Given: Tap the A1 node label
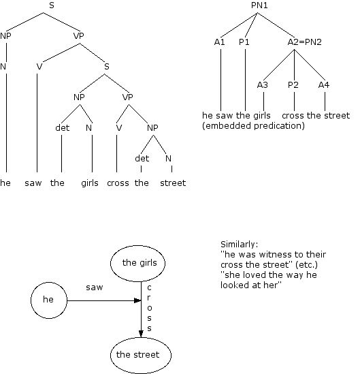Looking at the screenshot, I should (218, 42).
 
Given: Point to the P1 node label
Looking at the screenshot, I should (244, 42).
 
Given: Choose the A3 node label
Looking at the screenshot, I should (262, 85).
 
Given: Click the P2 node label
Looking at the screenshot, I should (293, 85).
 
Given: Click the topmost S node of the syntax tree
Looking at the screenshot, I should (52, 6).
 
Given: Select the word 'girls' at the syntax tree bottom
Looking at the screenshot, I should (91, 183).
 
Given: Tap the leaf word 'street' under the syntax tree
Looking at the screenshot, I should (173, 183).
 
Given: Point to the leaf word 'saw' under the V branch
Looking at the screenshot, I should (33, 183).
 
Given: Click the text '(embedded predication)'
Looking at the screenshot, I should (253, 126).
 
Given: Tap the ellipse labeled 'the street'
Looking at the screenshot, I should (140, 355).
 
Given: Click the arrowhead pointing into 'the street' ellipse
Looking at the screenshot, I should (141, 332).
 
